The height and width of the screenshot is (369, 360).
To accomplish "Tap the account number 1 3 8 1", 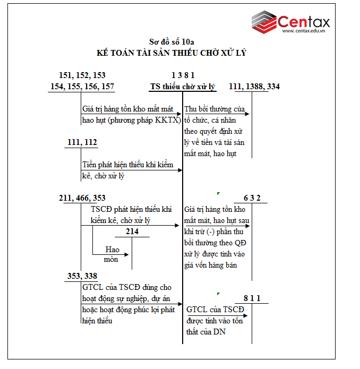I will coord(183,75).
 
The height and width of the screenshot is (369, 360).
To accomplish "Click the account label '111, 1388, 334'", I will coord(254,87).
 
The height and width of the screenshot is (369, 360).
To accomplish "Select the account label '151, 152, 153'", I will coord(82,75).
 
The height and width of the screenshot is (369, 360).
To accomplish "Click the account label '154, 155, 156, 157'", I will coord(82,87).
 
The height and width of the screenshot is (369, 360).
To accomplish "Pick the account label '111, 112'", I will coord(83,142).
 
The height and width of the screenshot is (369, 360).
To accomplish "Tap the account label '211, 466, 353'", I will coord(82,198).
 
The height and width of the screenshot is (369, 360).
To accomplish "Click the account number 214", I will coord(132,231).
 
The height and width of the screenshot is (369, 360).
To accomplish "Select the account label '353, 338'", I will coord(83,276).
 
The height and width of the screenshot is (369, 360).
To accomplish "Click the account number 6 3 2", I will coord(252,198).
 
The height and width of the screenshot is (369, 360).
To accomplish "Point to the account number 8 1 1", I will coord(252,298).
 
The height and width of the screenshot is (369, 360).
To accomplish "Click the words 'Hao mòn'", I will coord(112,254).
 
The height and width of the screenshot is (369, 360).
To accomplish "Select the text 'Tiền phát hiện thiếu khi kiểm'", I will coord(127,165).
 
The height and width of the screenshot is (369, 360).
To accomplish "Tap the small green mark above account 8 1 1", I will coord(218,293).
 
